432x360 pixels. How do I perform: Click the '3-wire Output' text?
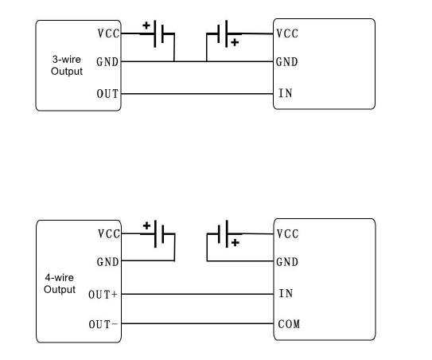[67, 65]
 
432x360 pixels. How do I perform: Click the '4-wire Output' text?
[59, 283]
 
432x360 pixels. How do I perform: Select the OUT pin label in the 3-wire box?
[107, 93]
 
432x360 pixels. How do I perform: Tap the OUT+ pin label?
[103, 294]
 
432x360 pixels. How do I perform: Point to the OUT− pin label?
[103, 324]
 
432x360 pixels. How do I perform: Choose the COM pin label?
[288, 324]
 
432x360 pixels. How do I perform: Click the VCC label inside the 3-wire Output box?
[107, 33]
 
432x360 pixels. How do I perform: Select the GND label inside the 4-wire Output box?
[107, 261]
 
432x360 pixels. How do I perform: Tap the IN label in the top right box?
[285, 93]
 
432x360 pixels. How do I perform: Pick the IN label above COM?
[285, 293]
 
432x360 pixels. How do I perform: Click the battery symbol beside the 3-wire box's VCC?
[159, 33]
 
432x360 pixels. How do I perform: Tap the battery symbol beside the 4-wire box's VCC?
[159, 234]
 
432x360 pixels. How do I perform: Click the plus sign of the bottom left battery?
[146, 225]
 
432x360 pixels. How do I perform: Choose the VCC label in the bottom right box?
[287, 234]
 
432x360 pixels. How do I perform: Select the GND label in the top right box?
[287, 61]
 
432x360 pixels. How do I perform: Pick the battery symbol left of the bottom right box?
[225, 234]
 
